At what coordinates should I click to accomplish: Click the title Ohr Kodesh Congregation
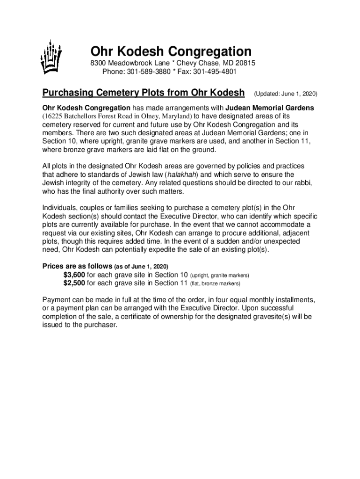coord(171,51)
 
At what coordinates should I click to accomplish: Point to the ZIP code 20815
coord(245,63)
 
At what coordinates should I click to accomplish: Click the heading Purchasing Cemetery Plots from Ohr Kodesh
coord(144,93)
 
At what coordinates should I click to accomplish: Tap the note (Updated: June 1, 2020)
coord(285,94)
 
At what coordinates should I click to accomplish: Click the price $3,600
coord(74,275)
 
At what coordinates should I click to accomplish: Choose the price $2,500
coord(74,283)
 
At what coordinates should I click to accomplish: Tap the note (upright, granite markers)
coord(219,276)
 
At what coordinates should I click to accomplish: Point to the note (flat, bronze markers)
coord(215,283)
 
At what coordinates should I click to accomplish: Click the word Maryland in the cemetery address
coord(176,116)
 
